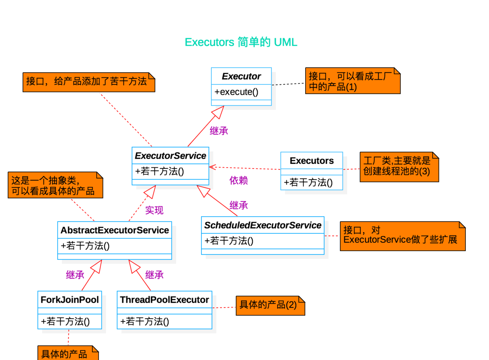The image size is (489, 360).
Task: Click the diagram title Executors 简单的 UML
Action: pos(241,42)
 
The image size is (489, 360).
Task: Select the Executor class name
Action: pos(241,76)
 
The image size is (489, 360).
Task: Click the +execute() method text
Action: pos(236,92)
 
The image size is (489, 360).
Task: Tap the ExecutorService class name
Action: pos(170,156)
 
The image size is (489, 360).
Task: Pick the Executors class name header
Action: pos(312,161)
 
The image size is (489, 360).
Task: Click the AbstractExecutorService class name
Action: pos(115,230)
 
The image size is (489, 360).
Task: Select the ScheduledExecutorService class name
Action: pos(263,225)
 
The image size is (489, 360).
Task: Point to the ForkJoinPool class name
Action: pos(70,300)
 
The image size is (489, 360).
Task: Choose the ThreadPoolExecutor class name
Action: pos(164,300)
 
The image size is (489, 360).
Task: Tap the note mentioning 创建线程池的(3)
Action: pos(399,166)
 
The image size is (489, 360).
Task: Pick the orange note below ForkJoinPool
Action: pos(67,354)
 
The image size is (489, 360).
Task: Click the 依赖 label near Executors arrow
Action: pos(238,181)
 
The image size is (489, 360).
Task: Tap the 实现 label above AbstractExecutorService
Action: pos(154,210)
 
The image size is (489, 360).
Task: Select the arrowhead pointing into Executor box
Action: pos(218,111)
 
